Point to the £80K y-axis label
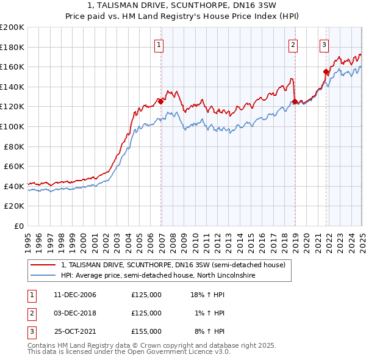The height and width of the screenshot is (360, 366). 14,146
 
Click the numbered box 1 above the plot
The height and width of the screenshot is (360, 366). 159,44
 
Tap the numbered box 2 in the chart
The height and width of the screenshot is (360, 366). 293,44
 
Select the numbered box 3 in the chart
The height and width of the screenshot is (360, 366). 324,44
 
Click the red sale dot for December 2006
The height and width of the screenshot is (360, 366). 161,102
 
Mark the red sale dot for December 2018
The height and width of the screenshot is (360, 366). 295,102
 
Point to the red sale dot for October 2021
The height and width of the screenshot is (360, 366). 326,72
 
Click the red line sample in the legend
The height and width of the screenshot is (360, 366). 43,265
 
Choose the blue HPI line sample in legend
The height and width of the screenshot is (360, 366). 43,276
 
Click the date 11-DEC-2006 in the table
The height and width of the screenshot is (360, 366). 75,295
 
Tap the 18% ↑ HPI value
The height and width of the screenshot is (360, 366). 208,295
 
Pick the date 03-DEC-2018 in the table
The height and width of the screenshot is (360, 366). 75,313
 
